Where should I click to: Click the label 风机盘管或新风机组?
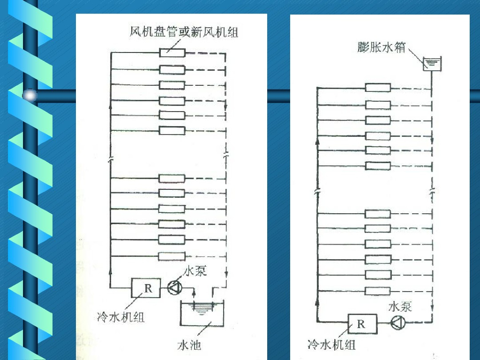click(x=184, y=32)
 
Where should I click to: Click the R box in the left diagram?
click(x=146, y=288)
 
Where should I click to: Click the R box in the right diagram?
click(x=361, y=323)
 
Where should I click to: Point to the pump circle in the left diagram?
click(x=174, y=288)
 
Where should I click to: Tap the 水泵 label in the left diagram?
click(x=195, y=271)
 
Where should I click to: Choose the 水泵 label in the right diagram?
click(x=400, y=307)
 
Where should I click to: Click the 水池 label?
click(x=190, y=345)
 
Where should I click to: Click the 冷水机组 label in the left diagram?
click(x=121, y=317)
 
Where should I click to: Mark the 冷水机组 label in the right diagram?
click(x=331, y=345)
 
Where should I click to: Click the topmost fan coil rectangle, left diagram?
click(x=172, y=52)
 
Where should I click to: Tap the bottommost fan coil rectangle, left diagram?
click(x=172, y=256)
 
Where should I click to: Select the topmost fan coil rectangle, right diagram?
click(x=378, y=88)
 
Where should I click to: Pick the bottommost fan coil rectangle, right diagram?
click(x=378, y=291)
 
